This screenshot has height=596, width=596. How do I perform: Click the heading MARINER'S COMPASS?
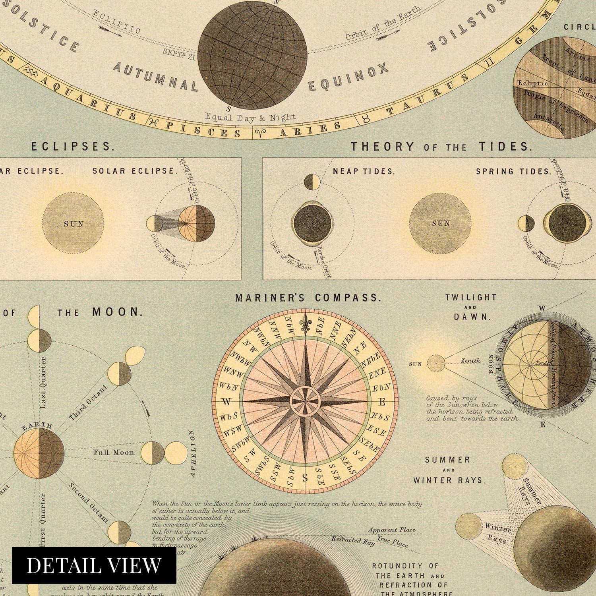pyautogui.click(x=308, y=298)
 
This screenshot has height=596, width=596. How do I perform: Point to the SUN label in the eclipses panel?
pyautogui.click(x=74, y=224)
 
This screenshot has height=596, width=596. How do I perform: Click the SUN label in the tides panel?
pyautogui.click(x=441, y=223)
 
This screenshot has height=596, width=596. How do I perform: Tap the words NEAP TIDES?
pyautogui.click(x=364, y=172)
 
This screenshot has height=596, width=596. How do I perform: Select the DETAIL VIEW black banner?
pyautogui.click(x=94, y=565)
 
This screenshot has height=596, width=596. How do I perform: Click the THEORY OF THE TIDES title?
pyautogui.click(x=441, y=147)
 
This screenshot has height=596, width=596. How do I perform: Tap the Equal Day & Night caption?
pyautogui.click(x=250, y=117)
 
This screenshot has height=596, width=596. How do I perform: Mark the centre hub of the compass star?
pyautogui.click(x=305, y=401)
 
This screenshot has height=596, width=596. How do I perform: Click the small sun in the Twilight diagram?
pyautogui.click(x=436, y=363)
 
